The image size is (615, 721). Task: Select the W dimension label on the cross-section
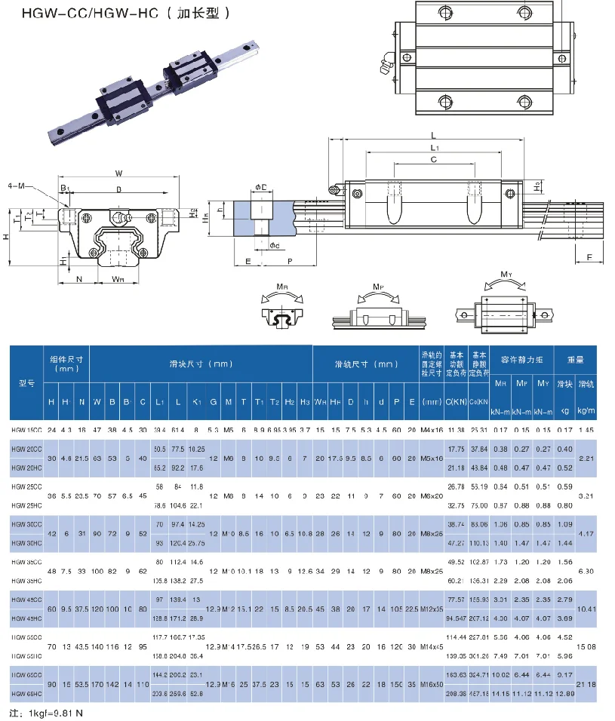pyautogui.click(x=119, y=173)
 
